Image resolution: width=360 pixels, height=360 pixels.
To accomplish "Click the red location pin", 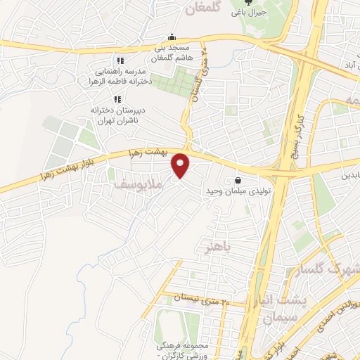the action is [x=181, y=165].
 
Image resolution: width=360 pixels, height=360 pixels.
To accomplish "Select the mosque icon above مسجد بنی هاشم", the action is [x=171, y=37].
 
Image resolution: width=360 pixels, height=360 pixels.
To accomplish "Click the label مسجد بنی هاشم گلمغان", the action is [x=169, y=53].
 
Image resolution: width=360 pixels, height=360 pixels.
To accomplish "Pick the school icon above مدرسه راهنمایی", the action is [x=120, y=60].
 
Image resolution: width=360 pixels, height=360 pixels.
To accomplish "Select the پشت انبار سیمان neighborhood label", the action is [x=282, y=309].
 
